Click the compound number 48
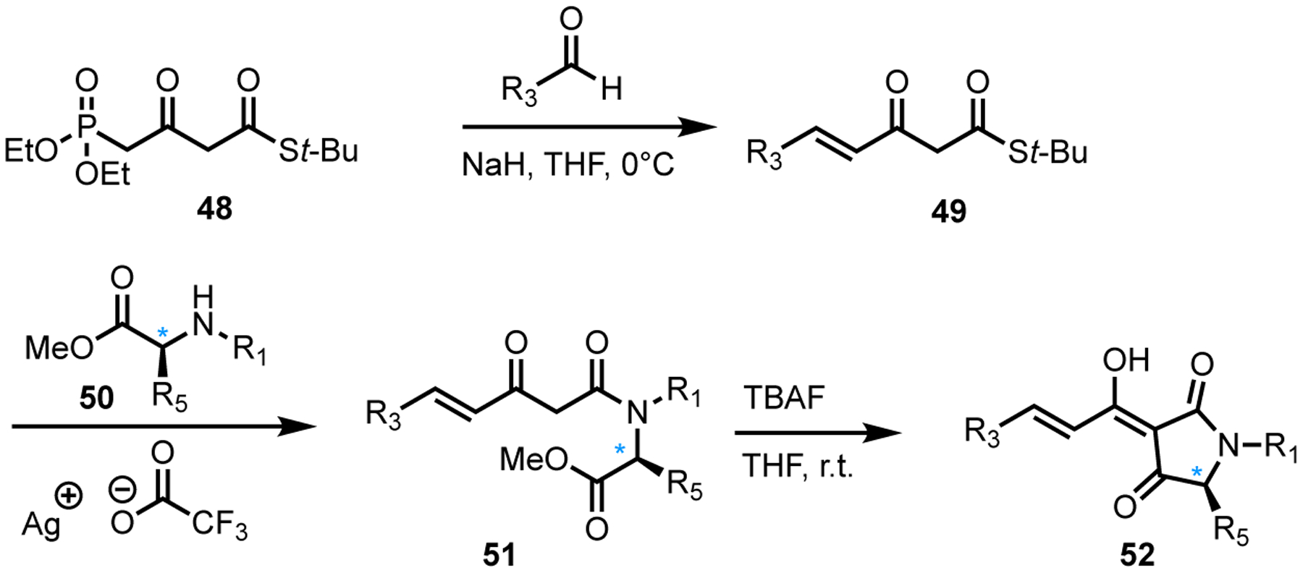pos(215,208)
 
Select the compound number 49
pos(949,211)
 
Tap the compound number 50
pos(96,397)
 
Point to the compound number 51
pos(499,555)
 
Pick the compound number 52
pos(1137,555)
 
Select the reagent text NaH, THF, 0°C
pos(568,166)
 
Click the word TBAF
pos(784,398)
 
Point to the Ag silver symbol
pos(40,523)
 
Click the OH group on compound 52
pos(1127,360)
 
